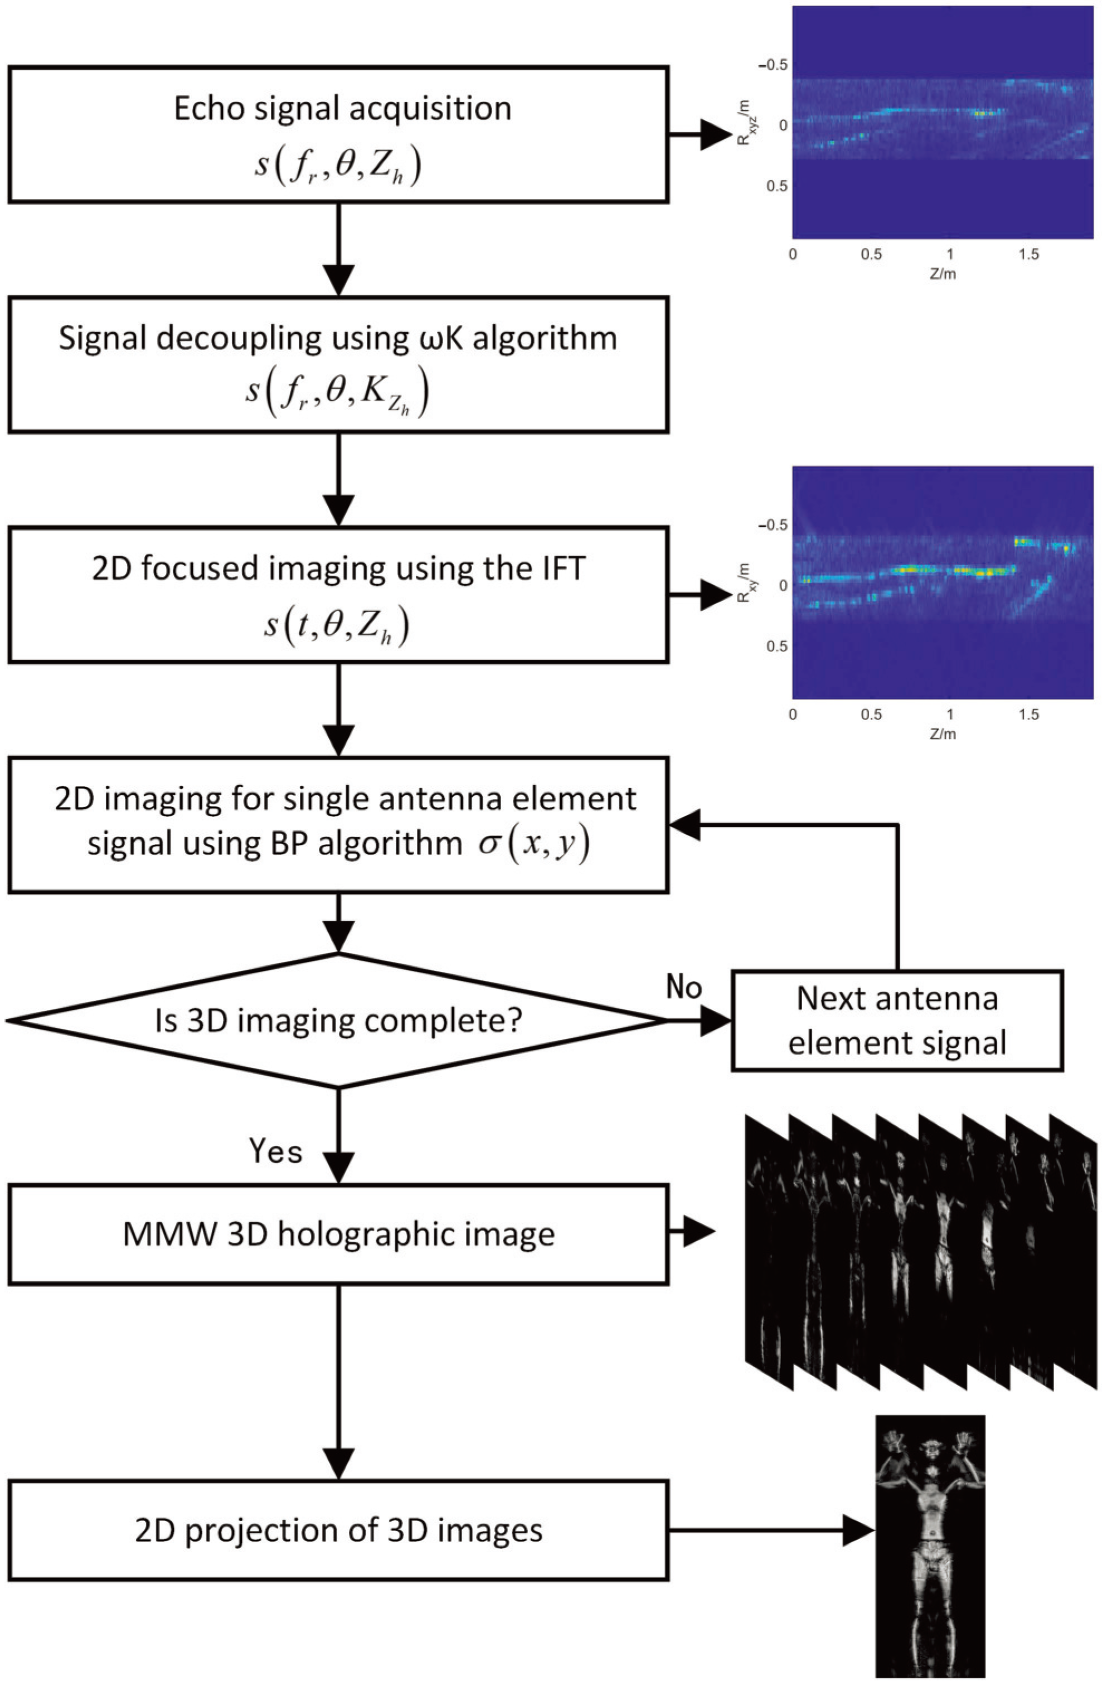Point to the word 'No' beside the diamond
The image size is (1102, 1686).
pyautogui.click(x=683, y=987)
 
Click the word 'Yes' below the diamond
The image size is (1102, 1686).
pyautogui.click(x=275, y=1151)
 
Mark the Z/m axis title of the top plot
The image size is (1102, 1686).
pyautogui.click(x=942, y=274)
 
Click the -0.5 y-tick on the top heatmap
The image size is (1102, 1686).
pyautogui.click(x=773, y=65)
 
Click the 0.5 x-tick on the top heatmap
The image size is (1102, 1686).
pyautogui.click(x=871, y=254)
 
